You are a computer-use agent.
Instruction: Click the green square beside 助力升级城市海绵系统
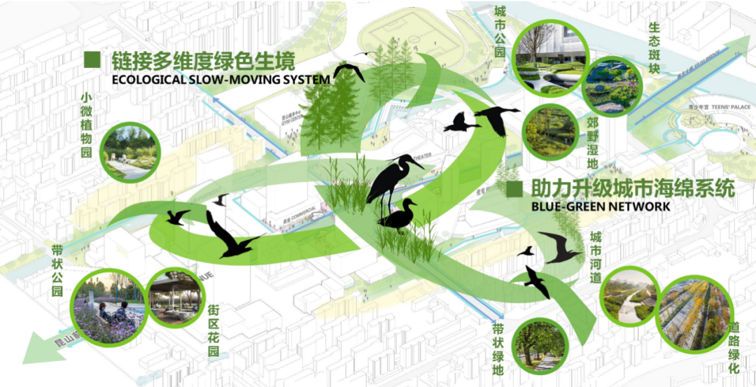coord(515,188)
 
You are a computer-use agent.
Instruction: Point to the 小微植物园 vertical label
coord(86,126)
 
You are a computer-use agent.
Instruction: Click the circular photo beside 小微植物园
coord(132,149)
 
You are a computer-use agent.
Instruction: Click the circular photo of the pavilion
coord(176,297)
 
